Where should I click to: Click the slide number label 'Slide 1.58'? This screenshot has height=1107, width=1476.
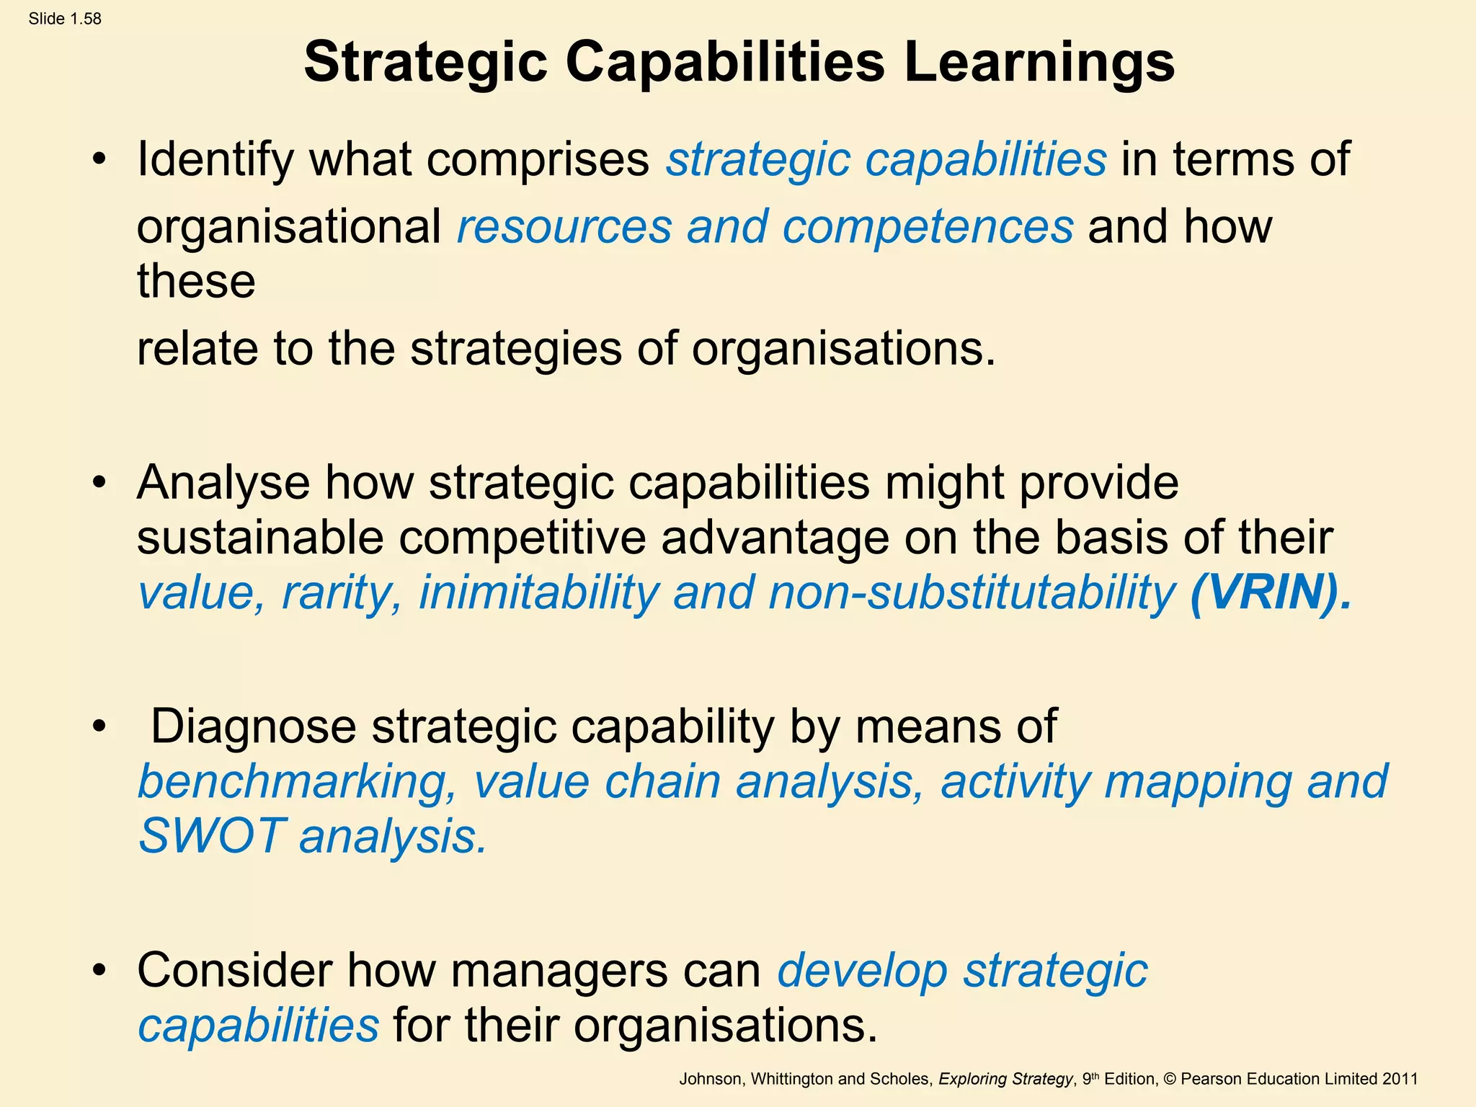point(65,19)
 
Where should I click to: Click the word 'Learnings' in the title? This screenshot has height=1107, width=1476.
point(1039,63)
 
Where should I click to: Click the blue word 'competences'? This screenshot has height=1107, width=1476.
point(928,226)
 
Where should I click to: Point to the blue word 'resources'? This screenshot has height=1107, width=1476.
point(564,226)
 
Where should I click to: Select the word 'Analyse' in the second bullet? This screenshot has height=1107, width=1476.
point(223,482)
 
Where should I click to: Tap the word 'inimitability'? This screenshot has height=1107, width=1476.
point(539,592)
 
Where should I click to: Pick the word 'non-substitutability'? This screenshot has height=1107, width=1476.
point(972,592)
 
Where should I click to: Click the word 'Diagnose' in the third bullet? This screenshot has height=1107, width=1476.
point(253,726)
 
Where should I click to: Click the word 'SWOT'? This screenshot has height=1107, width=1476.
point(210,836)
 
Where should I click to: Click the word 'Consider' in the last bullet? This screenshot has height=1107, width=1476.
point(234,971)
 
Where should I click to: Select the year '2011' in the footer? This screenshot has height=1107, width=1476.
point(1400,1079)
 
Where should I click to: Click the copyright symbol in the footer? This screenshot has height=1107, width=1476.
point(1169,1079)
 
